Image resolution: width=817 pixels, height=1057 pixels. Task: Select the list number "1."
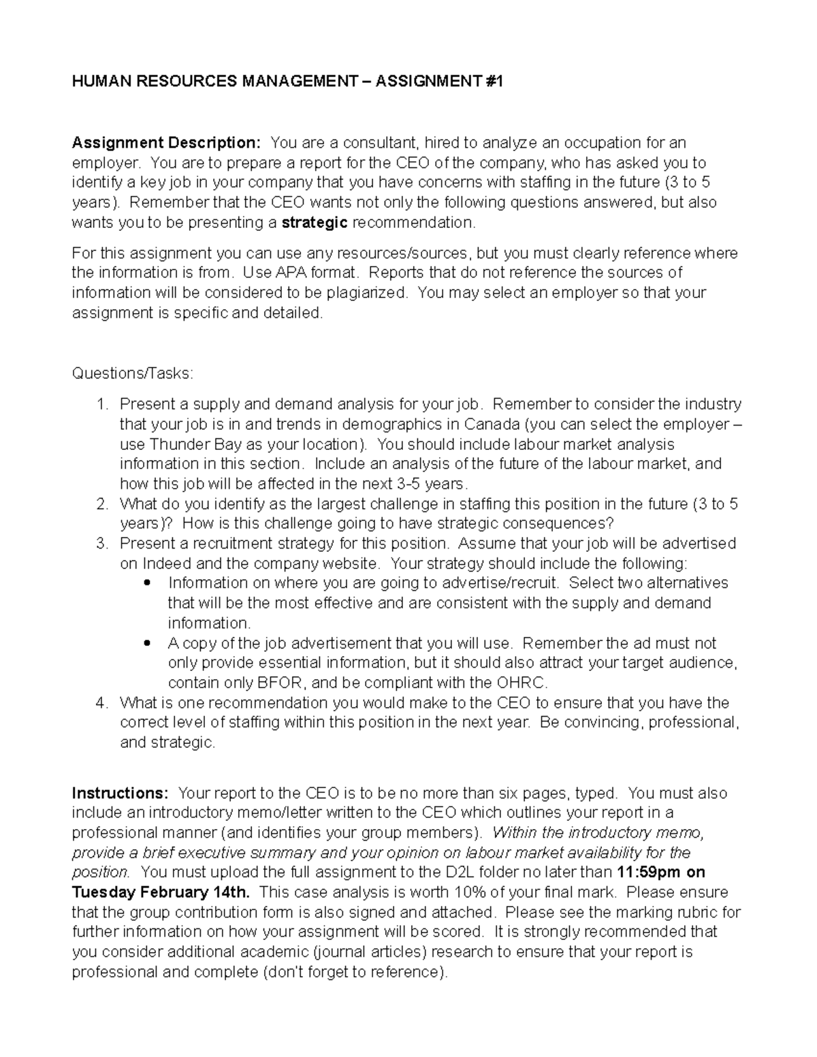coord(102,404)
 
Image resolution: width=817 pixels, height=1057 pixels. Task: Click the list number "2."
coord(102,504)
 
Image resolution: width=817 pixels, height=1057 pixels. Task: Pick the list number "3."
coord(102,544)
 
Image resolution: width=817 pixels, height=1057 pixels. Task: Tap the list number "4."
coord(102,703)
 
